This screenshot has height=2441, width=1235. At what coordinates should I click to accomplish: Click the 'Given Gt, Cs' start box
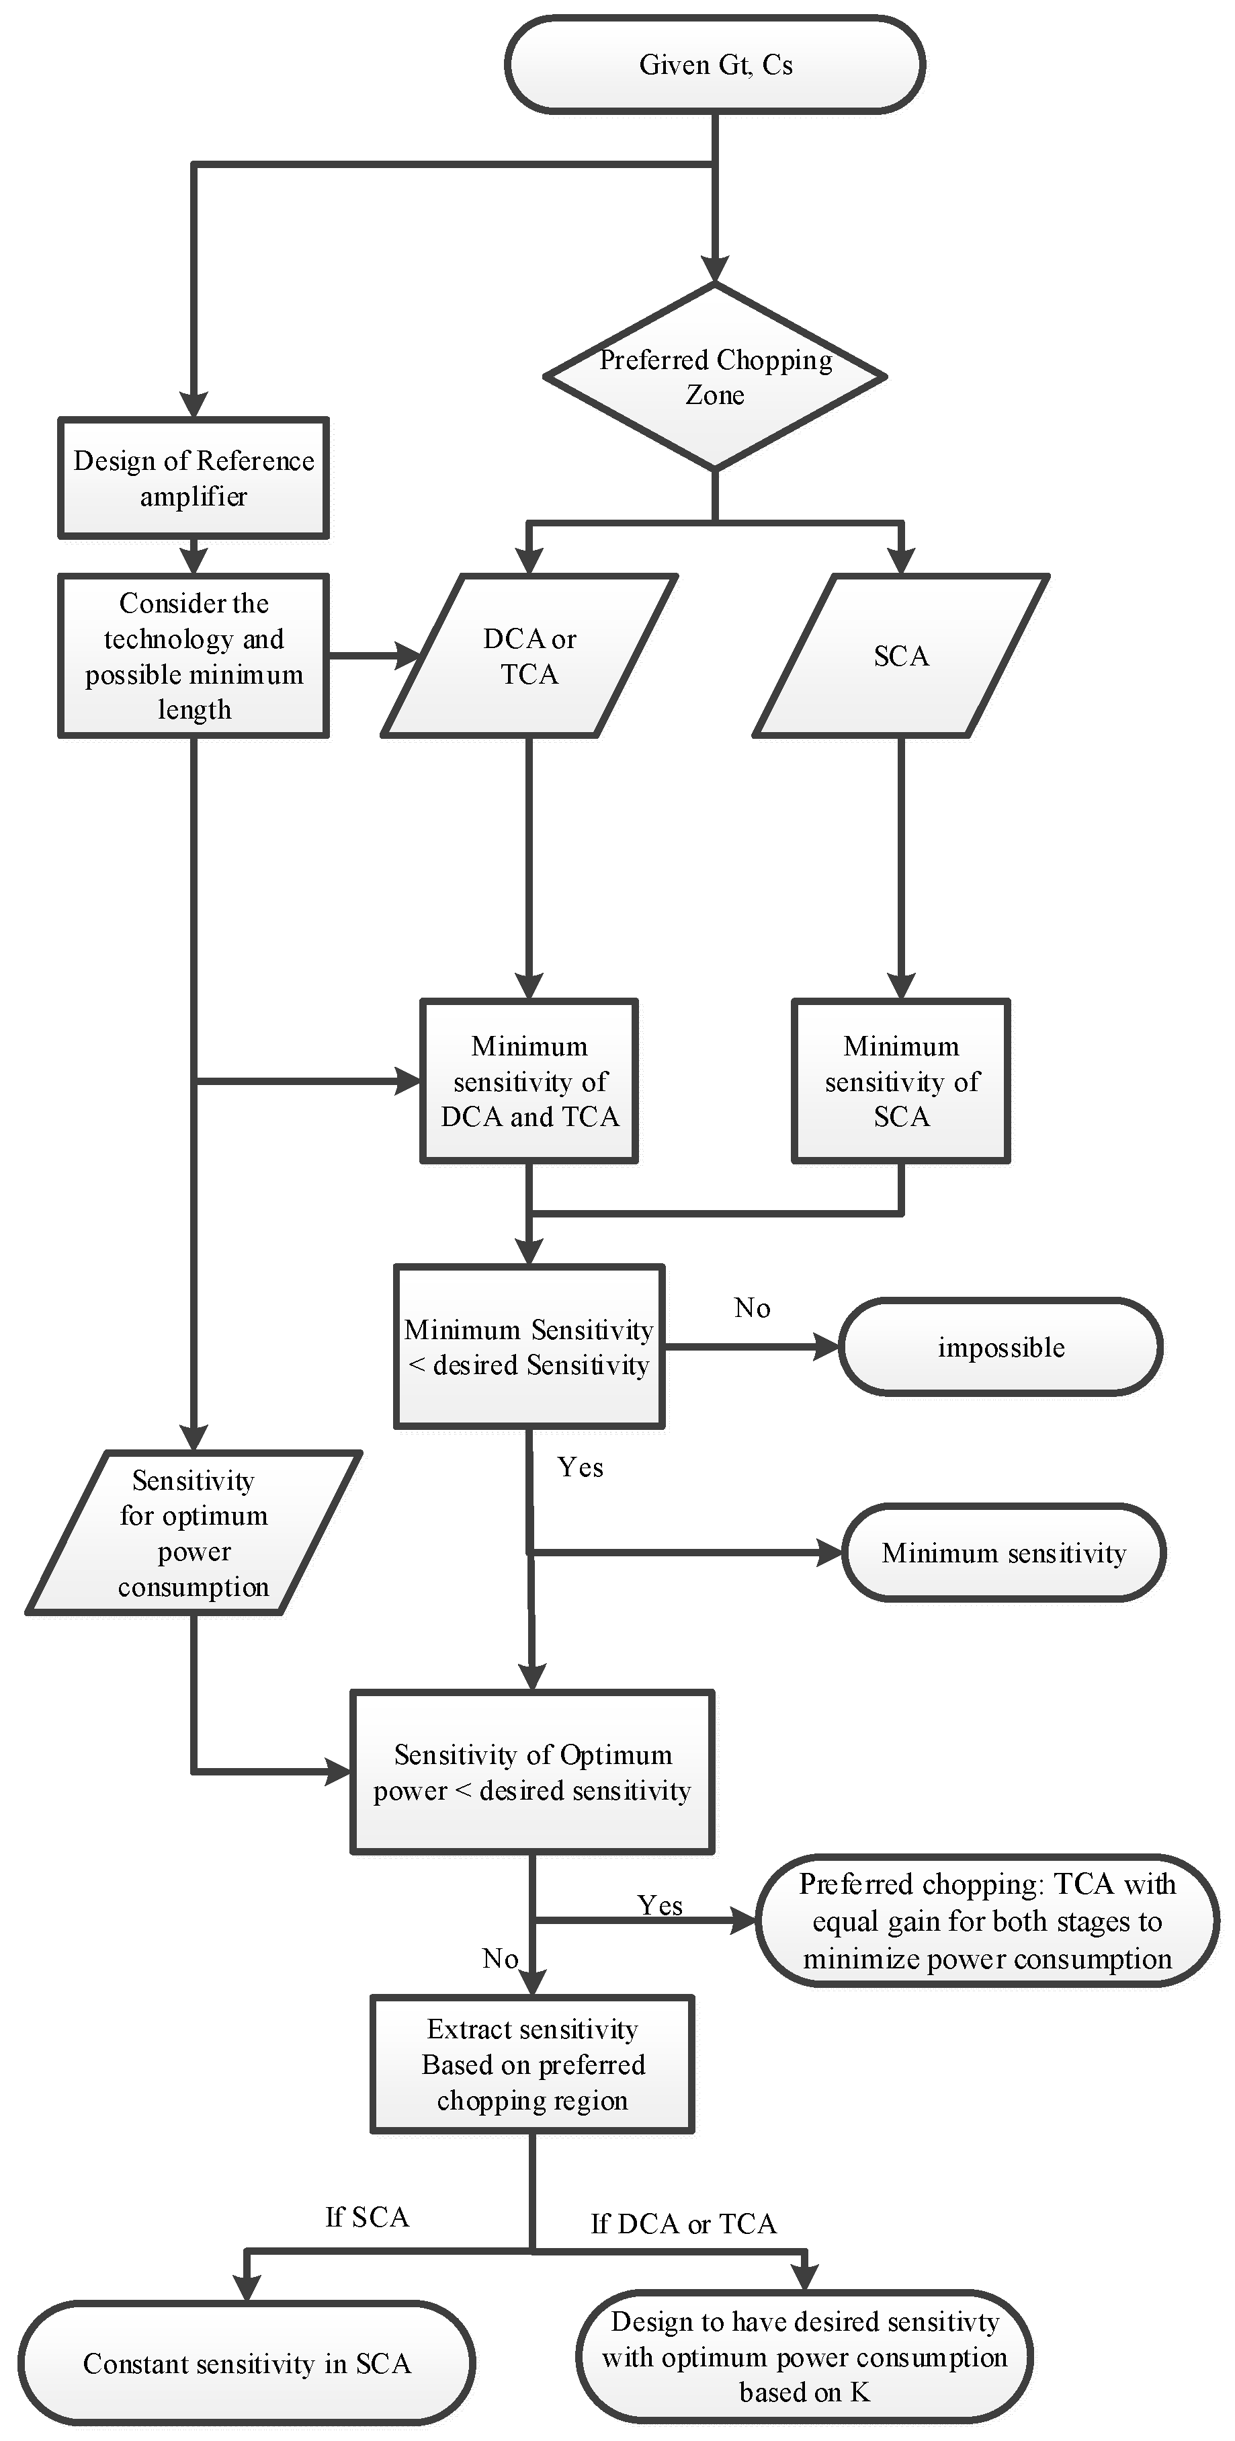pos(715,65)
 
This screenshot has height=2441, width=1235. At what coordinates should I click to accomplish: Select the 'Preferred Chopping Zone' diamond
pos(715,376)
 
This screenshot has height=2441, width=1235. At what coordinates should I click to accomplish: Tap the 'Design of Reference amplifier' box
pos(194,479)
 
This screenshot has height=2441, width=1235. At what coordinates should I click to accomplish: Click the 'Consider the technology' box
pos(194,655)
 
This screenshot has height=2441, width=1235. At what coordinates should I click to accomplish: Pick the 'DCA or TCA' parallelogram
pos(529,655)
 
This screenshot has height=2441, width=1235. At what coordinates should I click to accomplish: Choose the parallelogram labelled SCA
pos(900,655)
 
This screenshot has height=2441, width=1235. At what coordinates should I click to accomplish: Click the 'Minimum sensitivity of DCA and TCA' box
pos(529,1081)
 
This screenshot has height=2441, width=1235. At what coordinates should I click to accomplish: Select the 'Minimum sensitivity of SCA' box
pos(900,1081)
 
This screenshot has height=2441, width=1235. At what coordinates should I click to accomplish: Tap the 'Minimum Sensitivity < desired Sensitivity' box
pos(529,1347)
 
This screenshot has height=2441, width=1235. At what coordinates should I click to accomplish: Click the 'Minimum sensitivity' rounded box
pos(1003,1553)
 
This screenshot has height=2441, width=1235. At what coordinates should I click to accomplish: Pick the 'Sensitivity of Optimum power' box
pos(532,1772)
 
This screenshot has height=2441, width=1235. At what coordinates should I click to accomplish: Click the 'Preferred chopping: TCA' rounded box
pos(987,1921)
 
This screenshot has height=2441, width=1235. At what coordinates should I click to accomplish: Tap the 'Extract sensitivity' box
pos(532,2065)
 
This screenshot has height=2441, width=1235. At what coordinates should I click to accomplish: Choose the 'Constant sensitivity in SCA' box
pos(246,2363)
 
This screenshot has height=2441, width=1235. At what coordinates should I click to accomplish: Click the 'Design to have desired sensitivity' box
pos(804,2357)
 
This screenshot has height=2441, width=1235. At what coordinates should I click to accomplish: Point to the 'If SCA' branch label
pos(368,2217)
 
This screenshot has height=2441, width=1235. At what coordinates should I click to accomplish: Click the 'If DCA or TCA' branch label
pos(684,2224)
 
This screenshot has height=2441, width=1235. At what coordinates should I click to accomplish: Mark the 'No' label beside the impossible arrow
pos(752,1308)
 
